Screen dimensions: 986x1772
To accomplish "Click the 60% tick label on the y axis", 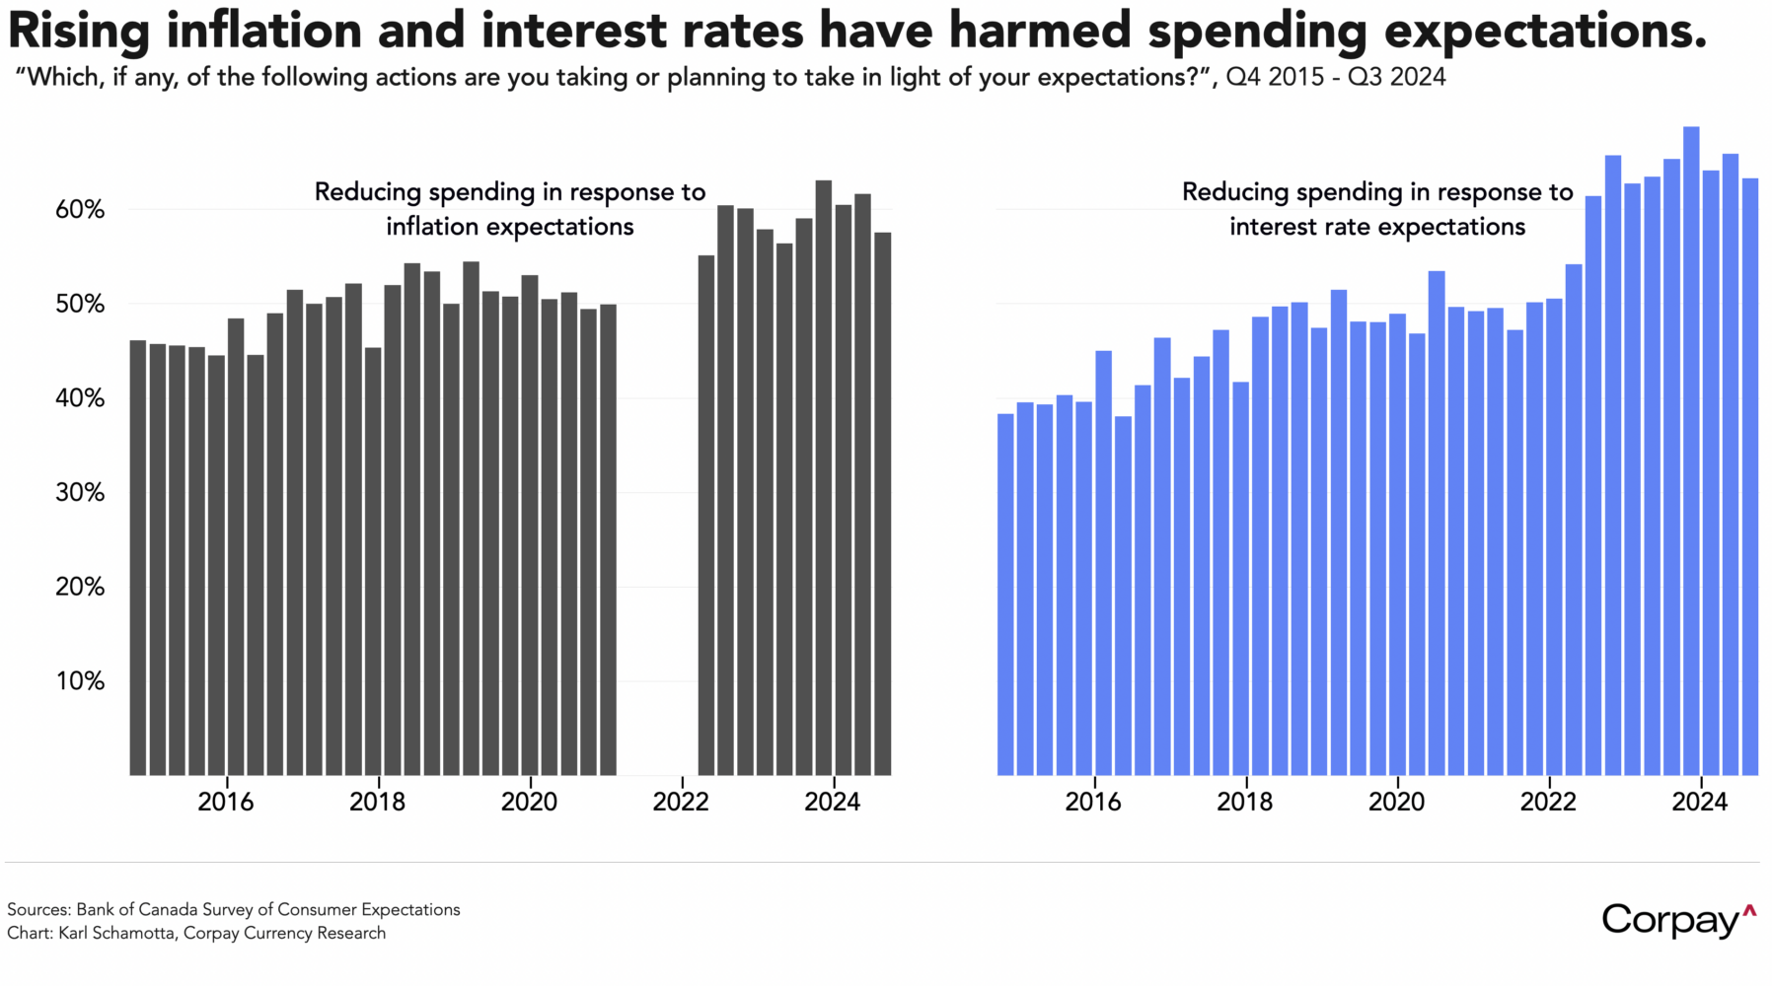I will tap(80, 210).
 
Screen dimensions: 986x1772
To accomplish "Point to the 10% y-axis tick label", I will tap(80, 681).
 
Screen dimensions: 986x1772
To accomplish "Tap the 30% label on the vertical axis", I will tap(80, 493).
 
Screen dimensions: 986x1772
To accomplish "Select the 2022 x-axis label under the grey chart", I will tap(681, 802).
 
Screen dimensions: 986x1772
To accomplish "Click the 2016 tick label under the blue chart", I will tap(1093, 802).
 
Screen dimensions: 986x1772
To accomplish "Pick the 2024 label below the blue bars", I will tap(1699, 802).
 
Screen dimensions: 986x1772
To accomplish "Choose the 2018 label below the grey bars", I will tap(377, 802).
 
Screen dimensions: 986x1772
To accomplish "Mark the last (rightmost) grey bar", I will tap(882, 504).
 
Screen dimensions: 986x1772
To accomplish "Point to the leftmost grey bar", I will tap(138, 558).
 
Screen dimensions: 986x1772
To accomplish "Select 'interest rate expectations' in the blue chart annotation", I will tap(1377, 227).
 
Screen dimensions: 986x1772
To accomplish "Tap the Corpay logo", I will tap(1678, 920).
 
